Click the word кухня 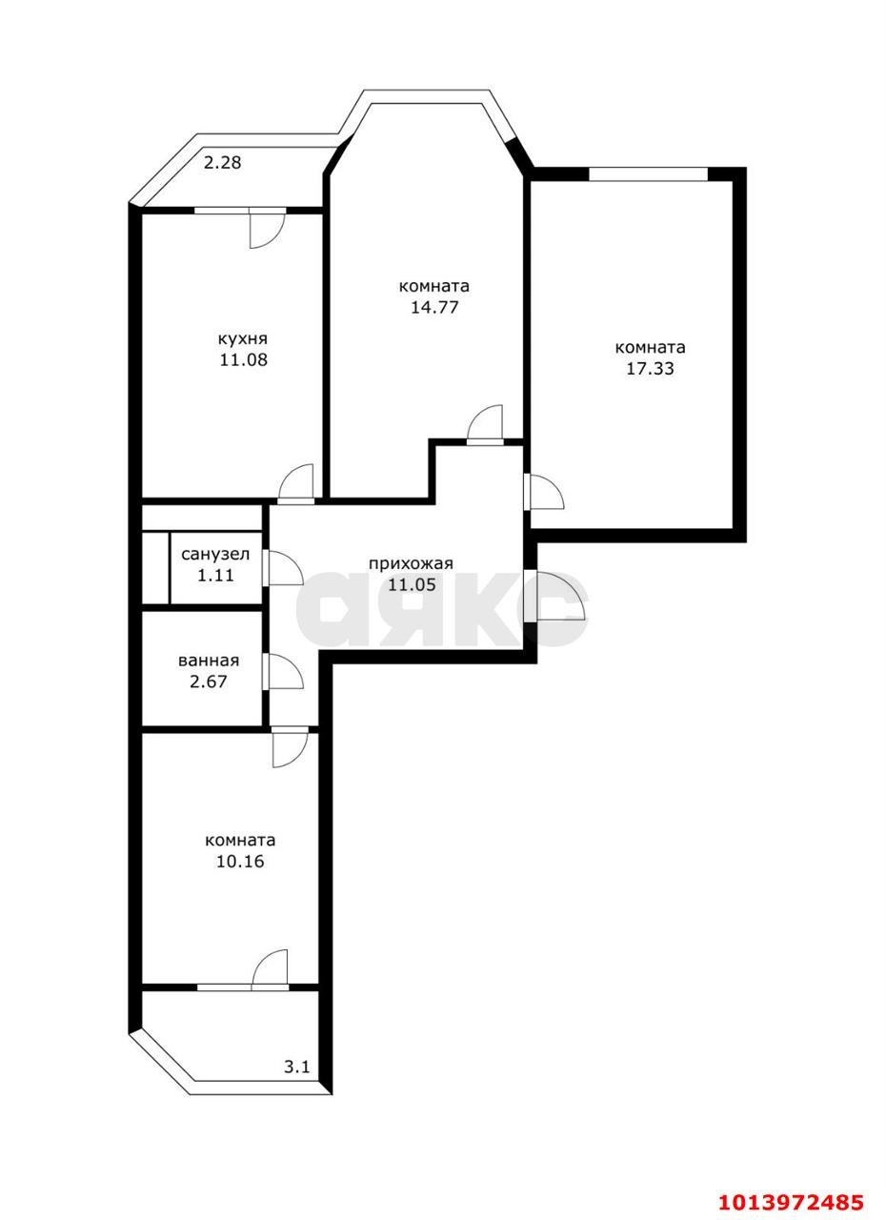243,339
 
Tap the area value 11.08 243,360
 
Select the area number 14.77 433,307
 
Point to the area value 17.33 650,369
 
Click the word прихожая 411,563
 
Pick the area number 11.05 412,585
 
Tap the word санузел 215,555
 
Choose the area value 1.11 215,575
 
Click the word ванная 209,661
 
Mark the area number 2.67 208,681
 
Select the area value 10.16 240,861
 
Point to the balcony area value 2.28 222,162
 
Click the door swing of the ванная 283,672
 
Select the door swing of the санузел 283,567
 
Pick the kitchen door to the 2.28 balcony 267,228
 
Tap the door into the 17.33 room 544,492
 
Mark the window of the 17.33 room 648,173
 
